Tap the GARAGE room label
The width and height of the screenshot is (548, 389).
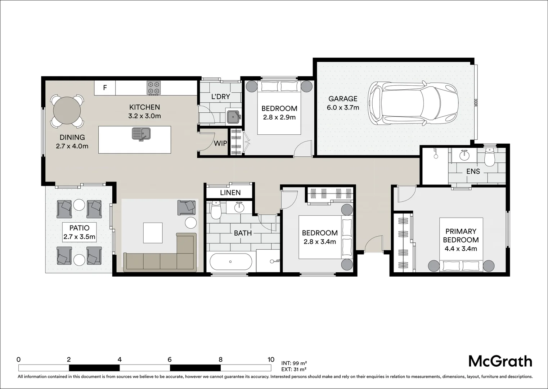[x=343, y=99]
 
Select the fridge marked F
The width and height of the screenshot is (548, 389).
[x=105, y=88]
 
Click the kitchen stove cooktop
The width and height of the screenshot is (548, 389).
[x=153, y=88]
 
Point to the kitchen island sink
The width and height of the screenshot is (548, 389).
[x=142, y=134]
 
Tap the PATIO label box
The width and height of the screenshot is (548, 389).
[x=79, y=232]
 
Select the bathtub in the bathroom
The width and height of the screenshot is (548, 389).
[x=230, y=262]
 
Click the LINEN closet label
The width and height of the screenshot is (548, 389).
[x=230, y=193]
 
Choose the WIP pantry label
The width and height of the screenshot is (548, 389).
[x=220, y=143]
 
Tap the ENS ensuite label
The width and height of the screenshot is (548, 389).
[x=473, y=171]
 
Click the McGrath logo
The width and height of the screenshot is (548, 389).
[x=500, y=361]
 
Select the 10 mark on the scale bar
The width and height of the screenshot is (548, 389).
[x=271, y=359]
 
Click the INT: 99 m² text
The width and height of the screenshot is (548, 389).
[x=294, y=363]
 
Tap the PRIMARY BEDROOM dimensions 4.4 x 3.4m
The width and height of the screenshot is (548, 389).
[x=461, y=249]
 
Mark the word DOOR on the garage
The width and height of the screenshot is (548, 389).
[x=475, y=103]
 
